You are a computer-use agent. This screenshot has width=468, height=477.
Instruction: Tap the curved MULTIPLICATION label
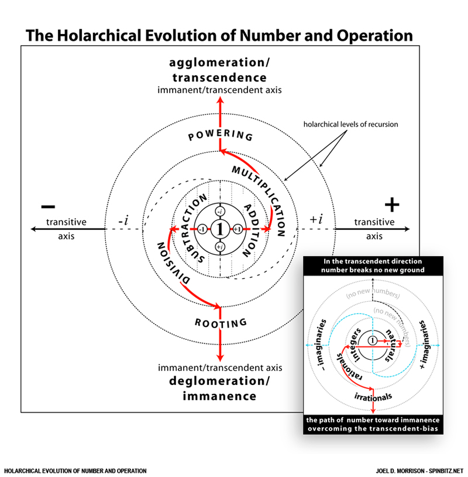click(258, 184)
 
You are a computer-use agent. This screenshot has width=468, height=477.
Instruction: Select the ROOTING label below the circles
click(221, 322)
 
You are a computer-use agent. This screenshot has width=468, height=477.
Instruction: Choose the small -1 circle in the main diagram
click(202, 230)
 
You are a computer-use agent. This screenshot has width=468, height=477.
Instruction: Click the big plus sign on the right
click(391, 205)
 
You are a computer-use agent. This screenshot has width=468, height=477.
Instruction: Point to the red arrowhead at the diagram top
click(220, 100)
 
